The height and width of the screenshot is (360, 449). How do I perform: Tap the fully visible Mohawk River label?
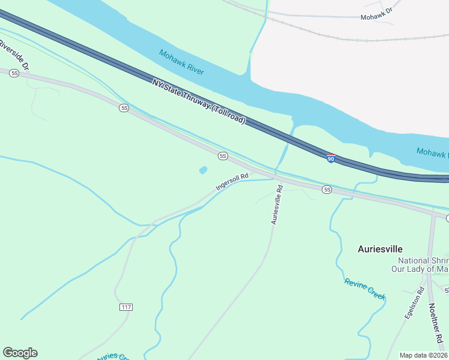point(182,62)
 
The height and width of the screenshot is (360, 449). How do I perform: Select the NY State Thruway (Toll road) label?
point(199,101)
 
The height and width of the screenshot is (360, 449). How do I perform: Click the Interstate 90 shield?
point(331,159)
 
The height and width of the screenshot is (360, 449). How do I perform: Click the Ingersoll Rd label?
point(232,181)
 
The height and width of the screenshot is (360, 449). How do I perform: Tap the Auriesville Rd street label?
point(277,205)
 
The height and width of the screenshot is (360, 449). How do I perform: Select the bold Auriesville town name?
point(380,248)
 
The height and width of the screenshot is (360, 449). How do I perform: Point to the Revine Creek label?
point(364,289)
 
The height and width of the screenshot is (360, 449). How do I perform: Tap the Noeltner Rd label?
point(436,317)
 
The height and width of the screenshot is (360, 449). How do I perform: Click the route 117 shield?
point(125,307)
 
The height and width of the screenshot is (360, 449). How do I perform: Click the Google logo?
point(20,353)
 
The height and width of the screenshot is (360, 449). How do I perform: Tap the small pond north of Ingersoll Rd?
point(203,170)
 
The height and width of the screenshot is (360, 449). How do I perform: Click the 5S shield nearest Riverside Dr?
point(14,73)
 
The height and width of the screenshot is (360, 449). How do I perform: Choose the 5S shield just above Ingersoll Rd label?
point(223,156)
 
